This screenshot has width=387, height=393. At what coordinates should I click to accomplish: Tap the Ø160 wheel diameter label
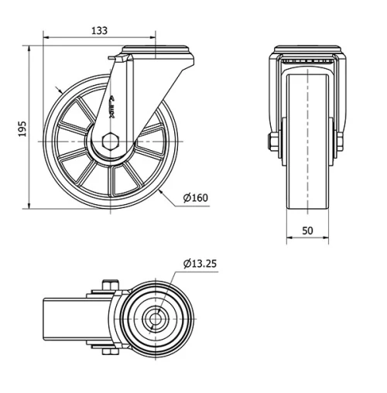[196, 198]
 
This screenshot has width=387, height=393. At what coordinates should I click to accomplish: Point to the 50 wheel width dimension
[307, 231]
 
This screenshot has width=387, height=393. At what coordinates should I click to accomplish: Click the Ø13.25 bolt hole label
[200, 263]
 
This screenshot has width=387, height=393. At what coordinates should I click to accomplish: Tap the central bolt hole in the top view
[156, 318]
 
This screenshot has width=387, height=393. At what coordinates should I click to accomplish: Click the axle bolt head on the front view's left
[272, 142]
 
